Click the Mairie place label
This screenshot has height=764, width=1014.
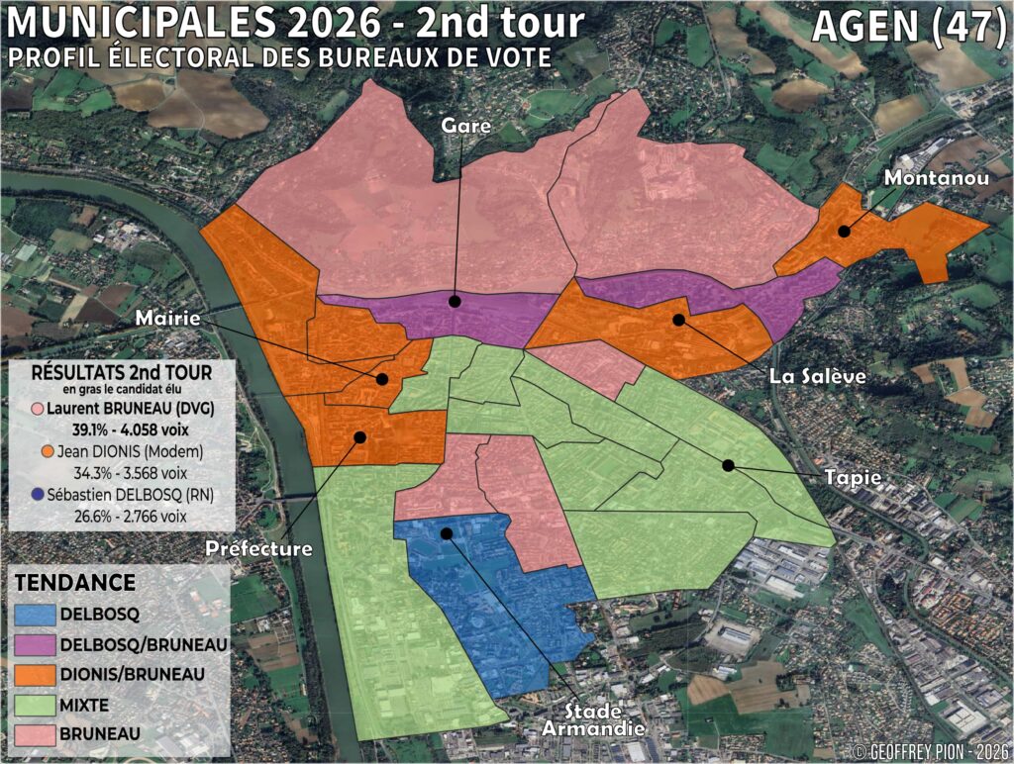pos(168,319)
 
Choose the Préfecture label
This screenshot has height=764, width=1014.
pos(259,548)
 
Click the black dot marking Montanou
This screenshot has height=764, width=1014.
pos(844,231)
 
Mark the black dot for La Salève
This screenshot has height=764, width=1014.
pos(678,319)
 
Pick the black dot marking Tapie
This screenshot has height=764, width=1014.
pos(728,464)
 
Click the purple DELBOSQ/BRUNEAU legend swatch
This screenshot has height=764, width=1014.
pos(34,644)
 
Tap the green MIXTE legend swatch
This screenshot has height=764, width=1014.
pos(34,705)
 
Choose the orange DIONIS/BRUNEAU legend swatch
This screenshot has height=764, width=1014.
pos(34,674)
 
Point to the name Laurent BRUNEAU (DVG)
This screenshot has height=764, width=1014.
pos(120,408)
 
